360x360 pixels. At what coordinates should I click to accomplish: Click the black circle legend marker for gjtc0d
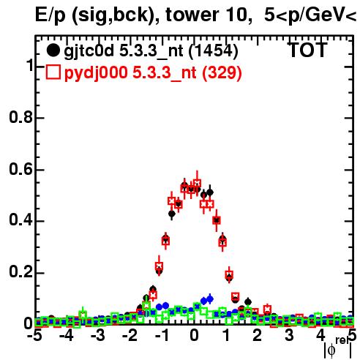(53, 50)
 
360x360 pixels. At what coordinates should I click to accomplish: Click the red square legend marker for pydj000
(53, 72)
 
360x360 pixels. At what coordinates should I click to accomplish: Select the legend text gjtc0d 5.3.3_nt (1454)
(151, 51)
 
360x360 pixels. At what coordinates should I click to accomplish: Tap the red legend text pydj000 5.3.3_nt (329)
(153, 72)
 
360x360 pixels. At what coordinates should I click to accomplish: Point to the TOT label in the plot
(307, 50)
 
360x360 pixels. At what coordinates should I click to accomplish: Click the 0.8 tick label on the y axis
(20, 117)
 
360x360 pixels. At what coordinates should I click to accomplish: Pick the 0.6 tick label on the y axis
(20, 169)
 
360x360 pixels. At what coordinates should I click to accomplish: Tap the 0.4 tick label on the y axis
(20, 221)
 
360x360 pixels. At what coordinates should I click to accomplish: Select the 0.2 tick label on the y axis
(20, 273)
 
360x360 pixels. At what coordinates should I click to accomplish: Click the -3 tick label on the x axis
(98, 335)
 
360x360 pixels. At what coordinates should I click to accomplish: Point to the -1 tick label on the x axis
(162, 335)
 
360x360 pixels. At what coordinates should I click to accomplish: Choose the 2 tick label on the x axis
(258, 335)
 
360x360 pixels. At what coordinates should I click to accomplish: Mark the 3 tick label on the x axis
(289, 335)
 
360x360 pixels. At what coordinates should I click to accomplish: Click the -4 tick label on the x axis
(66, 335)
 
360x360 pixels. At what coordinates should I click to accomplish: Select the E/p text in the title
(50, 15)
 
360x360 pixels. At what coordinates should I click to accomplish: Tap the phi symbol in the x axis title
(331, 350)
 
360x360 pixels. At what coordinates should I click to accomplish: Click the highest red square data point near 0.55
(197, 183)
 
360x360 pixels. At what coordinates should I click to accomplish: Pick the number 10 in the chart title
(236, 15)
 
